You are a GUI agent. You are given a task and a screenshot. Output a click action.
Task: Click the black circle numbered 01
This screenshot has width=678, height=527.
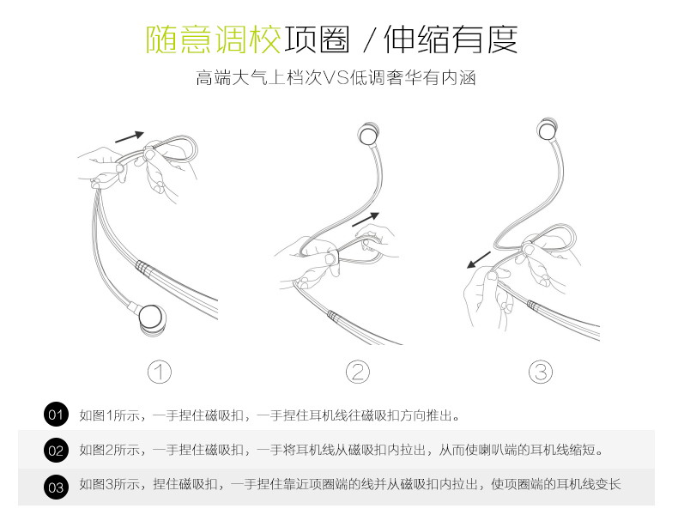pos(56,415)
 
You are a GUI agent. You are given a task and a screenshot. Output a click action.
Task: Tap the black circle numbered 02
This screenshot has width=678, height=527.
pos(56,450)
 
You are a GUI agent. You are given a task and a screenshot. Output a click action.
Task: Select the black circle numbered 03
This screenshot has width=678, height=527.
pos(56,486)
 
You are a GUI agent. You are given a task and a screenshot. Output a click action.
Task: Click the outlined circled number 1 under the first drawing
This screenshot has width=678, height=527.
pos(160,372)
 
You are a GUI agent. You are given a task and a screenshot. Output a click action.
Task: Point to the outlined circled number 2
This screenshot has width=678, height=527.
pos(358,372)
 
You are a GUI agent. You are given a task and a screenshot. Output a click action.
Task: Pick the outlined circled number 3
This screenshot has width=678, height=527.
pos(540,372)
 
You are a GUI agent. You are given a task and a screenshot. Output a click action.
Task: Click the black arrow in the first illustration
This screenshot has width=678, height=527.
pos(129,135)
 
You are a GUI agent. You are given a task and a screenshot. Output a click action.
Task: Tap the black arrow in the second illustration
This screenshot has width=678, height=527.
pos(365,219)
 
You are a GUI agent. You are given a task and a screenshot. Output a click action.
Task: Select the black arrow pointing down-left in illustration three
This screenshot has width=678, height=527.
pos(479,259)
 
